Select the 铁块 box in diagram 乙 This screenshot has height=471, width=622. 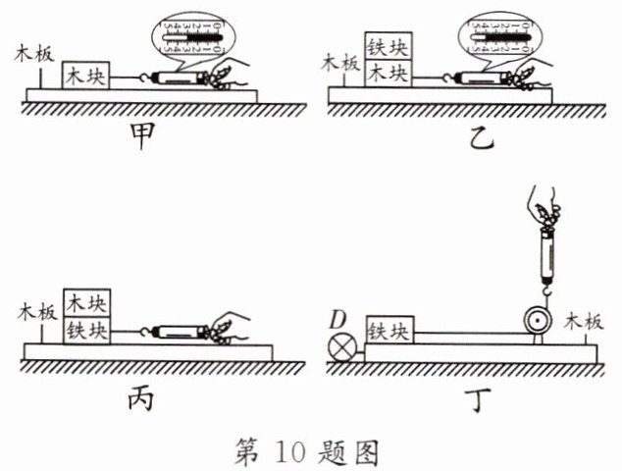click(x=389, y=44)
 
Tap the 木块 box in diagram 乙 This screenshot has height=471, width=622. click(x=389, y=73)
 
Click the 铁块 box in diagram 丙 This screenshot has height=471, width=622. click(x=89, y=331)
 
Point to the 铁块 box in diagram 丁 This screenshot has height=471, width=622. click(x=390, y=333)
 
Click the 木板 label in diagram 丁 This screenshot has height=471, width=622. click(x=588, y=321)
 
